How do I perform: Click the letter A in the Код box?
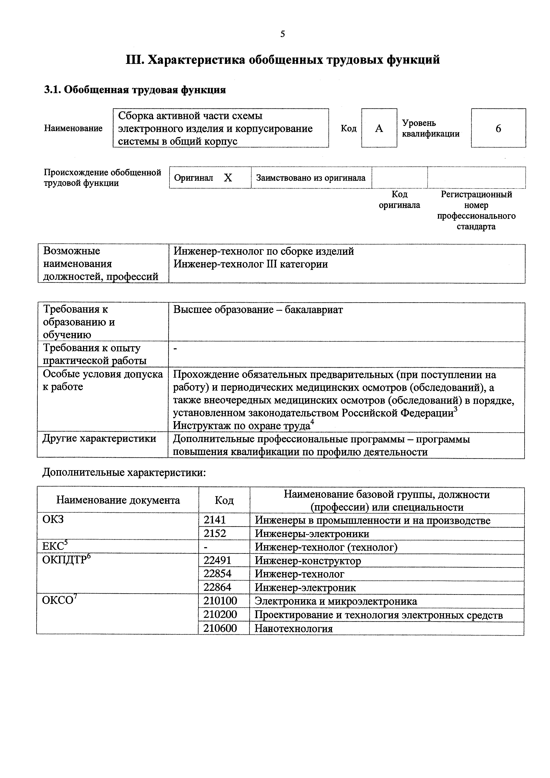pos(379,128)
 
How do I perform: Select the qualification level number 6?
pos(498,128)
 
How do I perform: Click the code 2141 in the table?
pos(215,520)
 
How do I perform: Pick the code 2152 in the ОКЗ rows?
pos(215,534)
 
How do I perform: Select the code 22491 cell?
pos(217,560)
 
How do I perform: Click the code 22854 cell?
pos(217,574)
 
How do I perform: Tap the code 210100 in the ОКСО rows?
pos(220,601)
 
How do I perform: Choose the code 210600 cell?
pos(220,628)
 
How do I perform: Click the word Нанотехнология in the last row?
pos(294,629)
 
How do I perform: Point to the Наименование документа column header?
pos(118,500)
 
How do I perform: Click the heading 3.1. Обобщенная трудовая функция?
pos(135,90)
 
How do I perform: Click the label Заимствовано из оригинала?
pos(311,178)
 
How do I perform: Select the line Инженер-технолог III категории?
pos(250,264)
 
